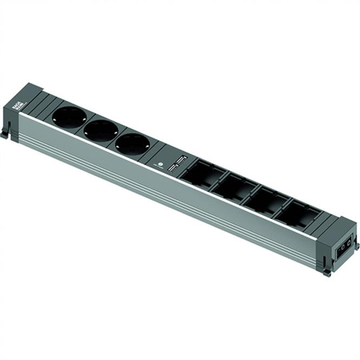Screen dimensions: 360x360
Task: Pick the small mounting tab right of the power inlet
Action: (357, 245)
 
